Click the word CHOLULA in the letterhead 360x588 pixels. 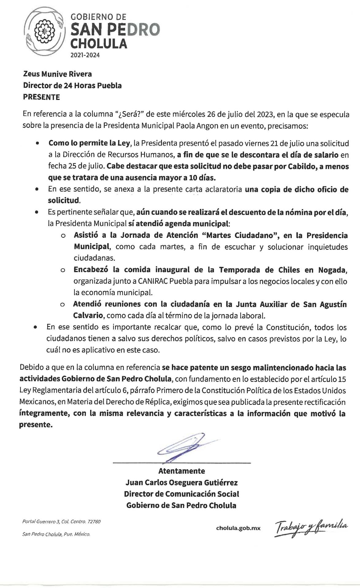[98, 44]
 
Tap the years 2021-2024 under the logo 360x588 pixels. [85, 56]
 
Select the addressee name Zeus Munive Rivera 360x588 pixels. [57, 74]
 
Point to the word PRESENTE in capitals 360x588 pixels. [41, 97]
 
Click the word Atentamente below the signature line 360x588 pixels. [182, 471]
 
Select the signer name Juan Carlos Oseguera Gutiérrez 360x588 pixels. [182, 482]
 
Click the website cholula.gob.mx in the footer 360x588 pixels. [238, 528]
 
